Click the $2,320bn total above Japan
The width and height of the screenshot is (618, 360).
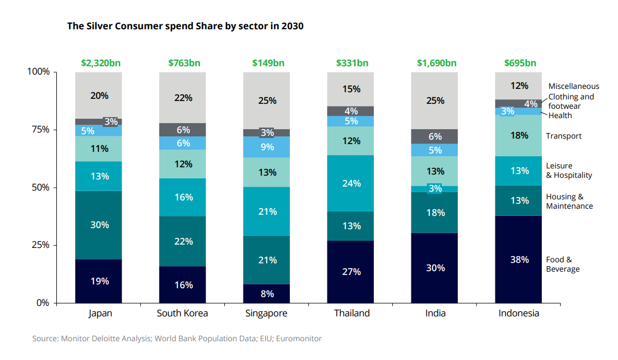coord(101,63)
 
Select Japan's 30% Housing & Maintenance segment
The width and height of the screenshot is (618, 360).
coord(99,225)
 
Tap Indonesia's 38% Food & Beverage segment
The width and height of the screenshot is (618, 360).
coord(519,259)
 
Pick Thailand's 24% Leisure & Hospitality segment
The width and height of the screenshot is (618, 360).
coord(351,183)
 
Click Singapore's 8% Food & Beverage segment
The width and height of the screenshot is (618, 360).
coord(267,293)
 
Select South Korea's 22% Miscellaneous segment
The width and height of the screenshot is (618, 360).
coord(183,97)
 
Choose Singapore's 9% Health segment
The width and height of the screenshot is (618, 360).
coord(267,147)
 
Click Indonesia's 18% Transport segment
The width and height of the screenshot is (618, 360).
coord(519,135)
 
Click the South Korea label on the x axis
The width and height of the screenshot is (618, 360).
coord(182,313)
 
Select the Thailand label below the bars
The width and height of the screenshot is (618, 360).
coord(352,313)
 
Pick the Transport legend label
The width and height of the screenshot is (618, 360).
coord(563,136)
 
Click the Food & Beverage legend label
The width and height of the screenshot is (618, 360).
coord(563,264)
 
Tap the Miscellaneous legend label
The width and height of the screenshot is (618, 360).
coord(573,86)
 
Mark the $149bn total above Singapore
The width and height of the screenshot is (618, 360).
coord(268,63)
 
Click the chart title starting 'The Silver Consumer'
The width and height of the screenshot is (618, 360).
coord(185,26)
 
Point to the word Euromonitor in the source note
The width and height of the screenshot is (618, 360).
coord(299,338)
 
